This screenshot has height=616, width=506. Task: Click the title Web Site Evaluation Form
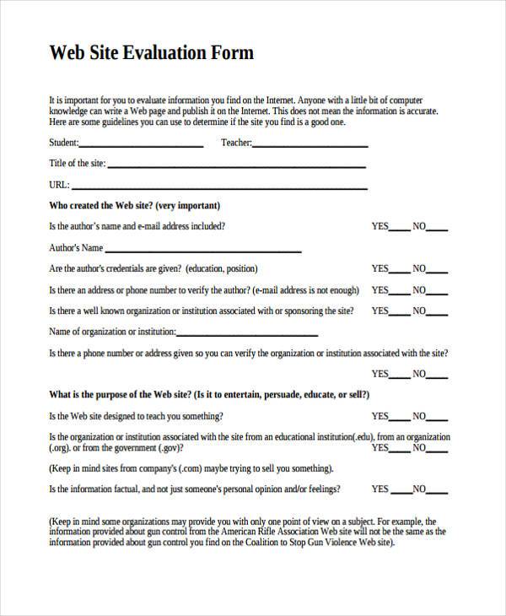152,53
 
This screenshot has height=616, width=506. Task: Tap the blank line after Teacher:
310,146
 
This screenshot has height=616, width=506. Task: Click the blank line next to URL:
219,187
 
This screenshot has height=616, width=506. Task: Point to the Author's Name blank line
202,251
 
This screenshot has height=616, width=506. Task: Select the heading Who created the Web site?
135,205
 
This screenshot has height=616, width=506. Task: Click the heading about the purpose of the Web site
209,394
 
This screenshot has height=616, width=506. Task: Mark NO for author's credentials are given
439,271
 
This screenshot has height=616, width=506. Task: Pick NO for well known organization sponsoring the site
439,312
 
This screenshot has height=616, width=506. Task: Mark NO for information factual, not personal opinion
439,490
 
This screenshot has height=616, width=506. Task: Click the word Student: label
64,143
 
